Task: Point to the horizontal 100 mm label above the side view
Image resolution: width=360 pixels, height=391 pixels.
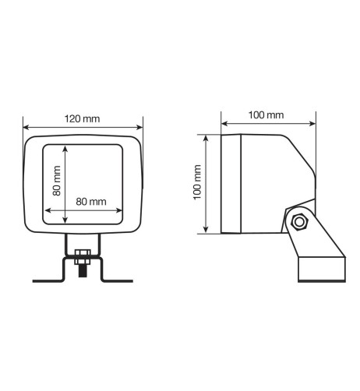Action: (x=266, y=115)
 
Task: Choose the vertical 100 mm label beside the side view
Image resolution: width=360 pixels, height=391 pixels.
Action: (x=198, y=185)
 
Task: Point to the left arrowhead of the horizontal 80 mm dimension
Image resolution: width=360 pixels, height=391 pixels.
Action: (x=48, y=210)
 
